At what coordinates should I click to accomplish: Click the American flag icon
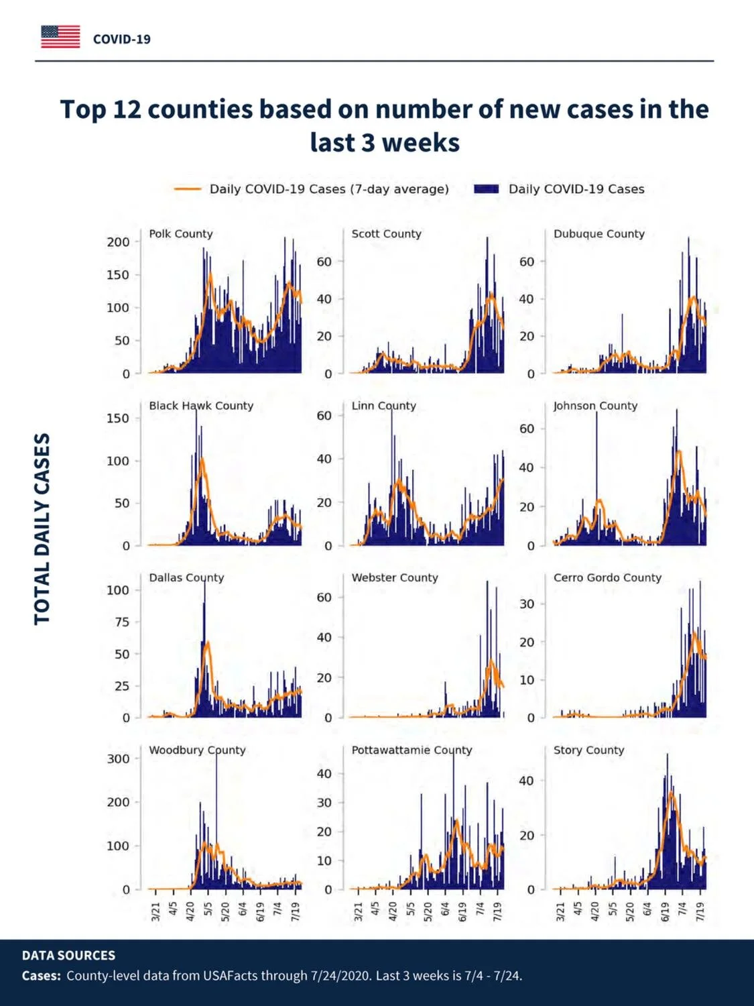point(60,37)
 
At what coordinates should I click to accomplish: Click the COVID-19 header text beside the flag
point(122,40)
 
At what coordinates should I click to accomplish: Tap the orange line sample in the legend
point(187,189)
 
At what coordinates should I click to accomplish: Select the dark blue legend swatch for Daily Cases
point(486,189)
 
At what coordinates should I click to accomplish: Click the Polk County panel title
point(181,234)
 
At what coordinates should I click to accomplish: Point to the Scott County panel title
point(387,234)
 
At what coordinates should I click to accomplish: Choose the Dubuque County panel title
point(599,234)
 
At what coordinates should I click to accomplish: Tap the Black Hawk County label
point(201,406)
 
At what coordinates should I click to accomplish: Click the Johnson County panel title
point(595,406)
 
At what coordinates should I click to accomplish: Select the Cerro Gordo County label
point(607,577)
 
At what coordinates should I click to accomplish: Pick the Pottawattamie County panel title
point(412,750)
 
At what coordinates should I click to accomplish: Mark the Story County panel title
point(588,750)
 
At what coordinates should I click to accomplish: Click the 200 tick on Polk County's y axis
point(118,242)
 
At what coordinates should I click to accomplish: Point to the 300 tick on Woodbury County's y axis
point(118,759)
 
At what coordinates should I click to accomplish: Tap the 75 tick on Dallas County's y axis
point(122,622)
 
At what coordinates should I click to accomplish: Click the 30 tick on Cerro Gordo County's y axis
point(527,604)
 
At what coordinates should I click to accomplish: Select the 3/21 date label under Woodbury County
point(155,911)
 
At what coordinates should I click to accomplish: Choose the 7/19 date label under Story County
point(700,911)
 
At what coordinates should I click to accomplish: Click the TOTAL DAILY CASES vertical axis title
point(42,529)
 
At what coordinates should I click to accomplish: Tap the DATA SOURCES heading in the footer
point(68,955)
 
